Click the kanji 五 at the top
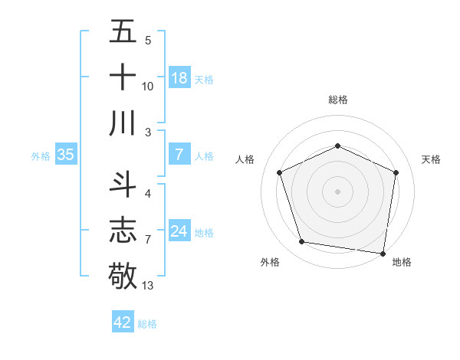tap(123, 33)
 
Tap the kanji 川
tap(123, 123)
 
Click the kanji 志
tap(123, 231)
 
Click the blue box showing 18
tap(179, 78)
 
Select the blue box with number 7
tap(179, 155)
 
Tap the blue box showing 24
tap(179, 232)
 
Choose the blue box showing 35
tap(66, 155)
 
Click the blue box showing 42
tap(123, 322)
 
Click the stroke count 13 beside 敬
tap(148, 286)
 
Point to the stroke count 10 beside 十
tap(148, 87)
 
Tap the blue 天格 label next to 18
tap(204, 79)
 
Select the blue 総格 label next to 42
tap(147, 323)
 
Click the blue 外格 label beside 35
tap(41, 156)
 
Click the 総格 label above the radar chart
tap(337, 100)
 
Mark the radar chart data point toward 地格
tap(383, 253)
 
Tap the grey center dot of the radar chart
tap(337, 191)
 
